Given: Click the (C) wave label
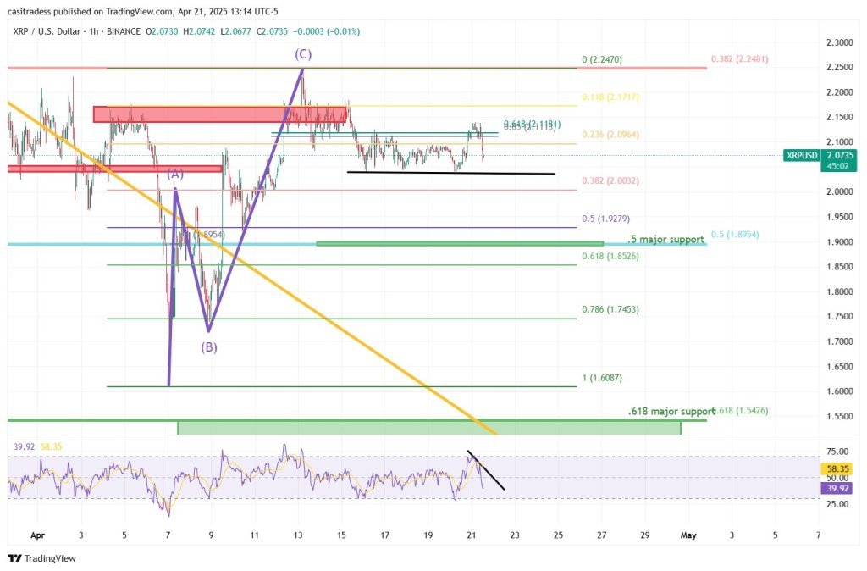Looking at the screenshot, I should pyautogui.click(x=302, y=54).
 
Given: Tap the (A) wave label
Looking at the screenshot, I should pyautogui.click(x=175, y=174).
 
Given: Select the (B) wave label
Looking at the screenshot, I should pyautogui.click(x=209, y=346).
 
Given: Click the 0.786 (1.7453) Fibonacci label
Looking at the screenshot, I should pyautogui.click(x=610, y=310).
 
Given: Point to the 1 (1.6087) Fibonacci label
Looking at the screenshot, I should pyautogui.click(x=601, y=378).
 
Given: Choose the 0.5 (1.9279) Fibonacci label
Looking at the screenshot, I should pyautogui.click(x=605, y=219).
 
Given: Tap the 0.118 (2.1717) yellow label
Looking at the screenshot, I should pyautogui.click(x=610, y=97).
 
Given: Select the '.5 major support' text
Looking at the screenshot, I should pyautogui.click(x=665, y=240).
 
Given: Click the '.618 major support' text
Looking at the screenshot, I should pyautogui.click(x=671, y=411).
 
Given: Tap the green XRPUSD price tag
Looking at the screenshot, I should pyautogui.click(x=802, y=156).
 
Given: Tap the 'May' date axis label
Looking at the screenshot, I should pyautogui.click(x=688, y=535).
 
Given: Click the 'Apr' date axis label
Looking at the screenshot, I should pyautogui.click(x=36, y=535).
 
